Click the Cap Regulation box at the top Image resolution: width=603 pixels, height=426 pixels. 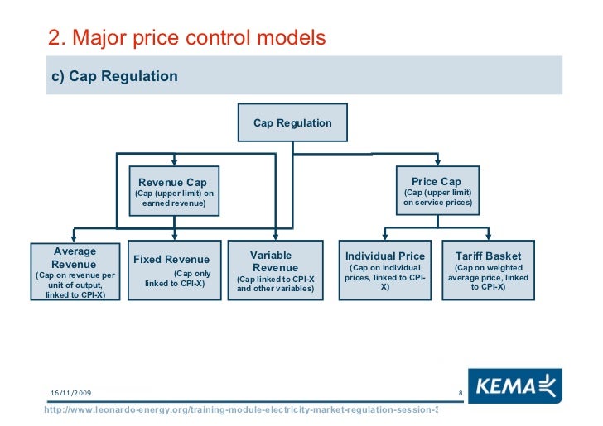coord(292,123)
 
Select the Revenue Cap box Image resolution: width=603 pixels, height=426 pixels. coord(174,191)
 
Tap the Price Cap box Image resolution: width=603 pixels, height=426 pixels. coord(437,191)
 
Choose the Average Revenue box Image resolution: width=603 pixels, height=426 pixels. coord(75,272)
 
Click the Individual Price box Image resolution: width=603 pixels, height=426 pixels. coord(385,269)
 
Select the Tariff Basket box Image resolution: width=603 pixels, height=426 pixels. coord(488,269)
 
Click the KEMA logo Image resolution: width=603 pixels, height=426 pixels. coord(514,385)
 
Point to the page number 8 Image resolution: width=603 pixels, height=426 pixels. coord(459,392)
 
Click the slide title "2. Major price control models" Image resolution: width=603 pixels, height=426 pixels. coord(187,38)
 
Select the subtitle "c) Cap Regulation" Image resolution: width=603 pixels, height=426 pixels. coord(115,77)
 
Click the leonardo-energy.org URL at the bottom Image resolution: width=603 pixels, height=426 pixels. coord(240,411)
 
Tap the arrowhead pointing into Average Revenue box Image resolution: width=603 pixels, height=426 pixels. coord(75,238)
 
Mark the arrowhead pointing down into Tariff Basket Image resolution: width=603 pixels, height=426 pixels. coord(488,237)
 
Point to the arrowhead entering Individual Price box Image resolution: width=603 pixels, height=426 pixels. coord(385,237)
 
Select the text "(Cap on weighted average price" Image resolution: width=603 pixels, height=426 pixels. coord(488,273)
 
